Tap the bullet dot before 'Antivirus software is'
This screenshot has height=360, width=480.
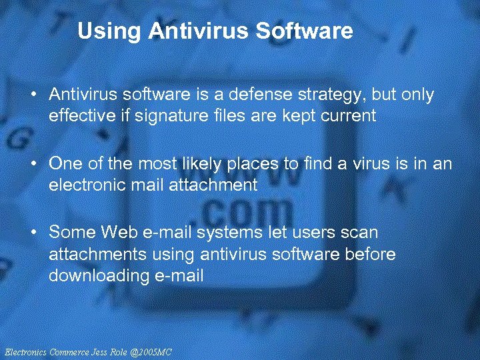(x=33, y=96)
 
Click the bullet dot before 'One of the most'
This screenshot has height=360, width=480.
(x=33, y=165)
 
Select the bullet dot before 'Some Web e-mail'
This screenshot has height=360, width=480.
(x=33, y=233)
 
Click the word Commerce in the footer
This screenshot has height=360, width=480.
(x=69, y=351)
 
